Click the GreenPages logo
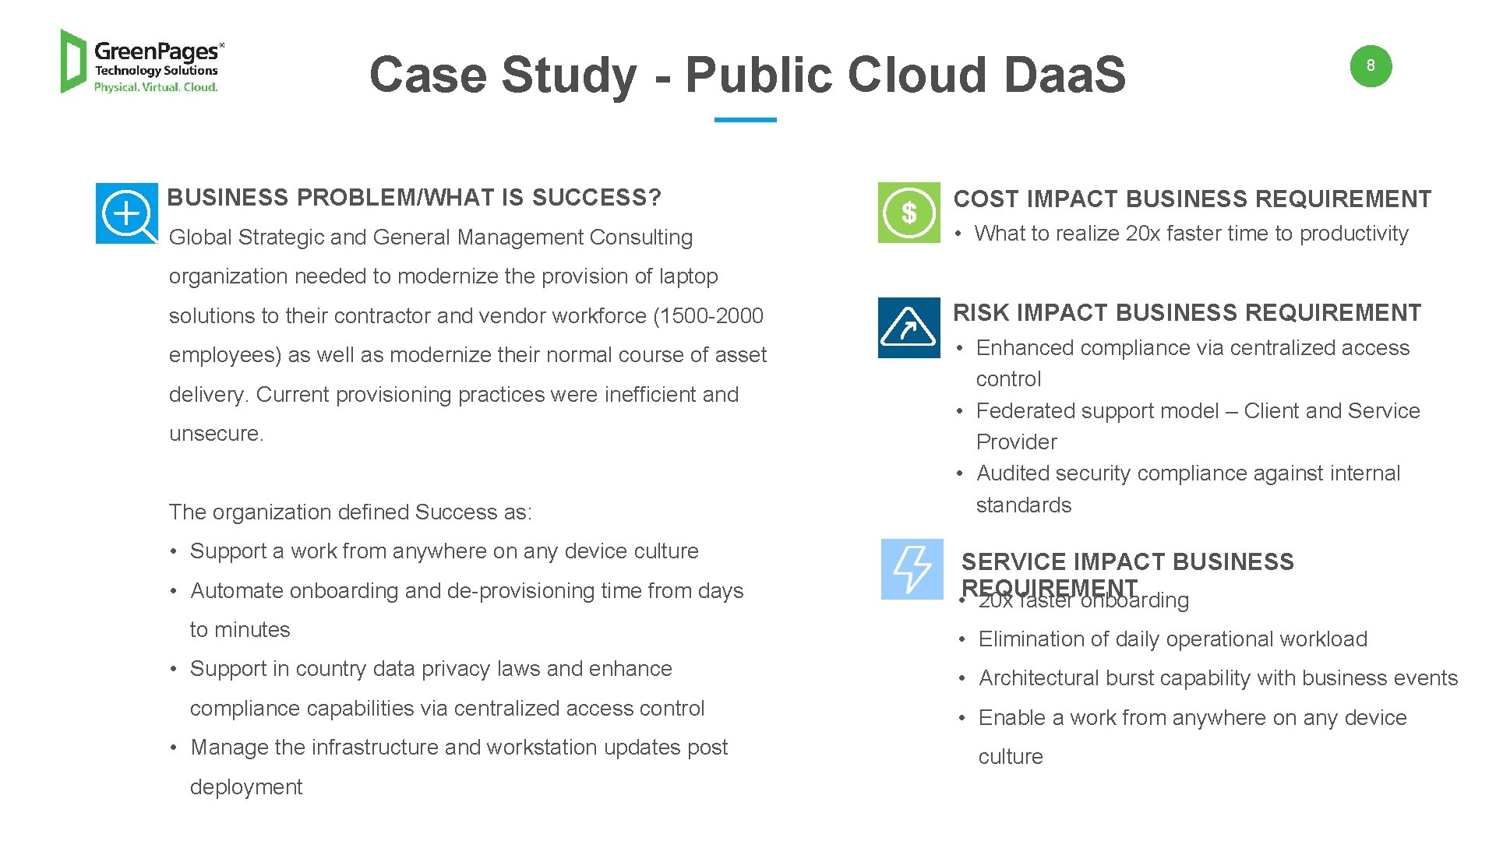(x=142, y=62)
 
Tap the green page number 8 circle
(x=1371, y=66)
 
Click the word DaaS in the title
(x=1064, y=76)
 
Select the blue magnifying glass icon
(x=126, y=213)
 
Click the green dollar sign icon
(x=909, y=213)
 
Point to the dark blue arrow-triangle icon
(x=909, y=328)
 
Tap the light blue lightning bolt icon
(x=912, y=569)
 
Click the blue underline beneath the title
(x=745, y=120)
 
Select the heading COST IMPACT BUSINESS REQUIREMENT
(x=1192, y=199)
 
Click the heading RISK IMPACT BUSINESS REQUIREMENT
(x=1187, y=313)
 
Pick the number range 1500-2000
(x=708, y=316)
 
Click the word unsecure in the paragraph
(x=215, y=434)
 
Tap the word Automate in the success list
(x=234, y=591)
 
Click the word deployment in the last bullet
(x=245, y=787)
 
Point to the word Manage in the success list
(x=229, y=748)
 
